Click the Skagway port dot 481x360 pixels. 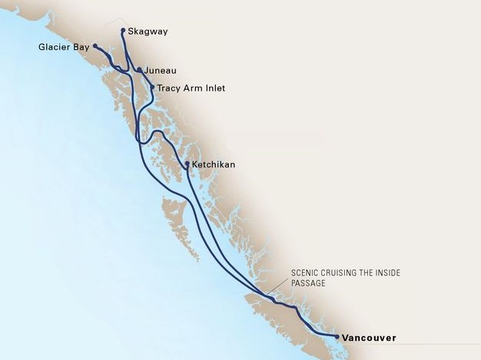click(x=123, y=31)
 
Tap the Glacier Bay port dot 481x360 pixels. click(x=95, y=46)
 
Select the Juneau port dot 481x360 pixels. click(x=139, y=71)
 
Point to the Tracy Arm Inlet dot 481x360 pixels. click(x=153, y=88)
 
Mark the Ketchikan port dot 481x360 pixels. click(x=187, y=163)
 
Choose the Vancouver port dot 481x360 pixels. click(x=337, y=336)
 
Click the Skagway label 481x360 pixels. click(x=148, y=31)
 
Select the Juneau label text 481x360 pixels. click(x=160, y=71)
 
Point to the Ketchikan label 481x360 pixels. click(x=214, y=164)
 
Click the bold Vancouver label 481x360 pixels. click(x=370, y=337)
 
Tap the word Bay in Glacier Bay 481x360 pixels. click(x=79, y=47)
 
